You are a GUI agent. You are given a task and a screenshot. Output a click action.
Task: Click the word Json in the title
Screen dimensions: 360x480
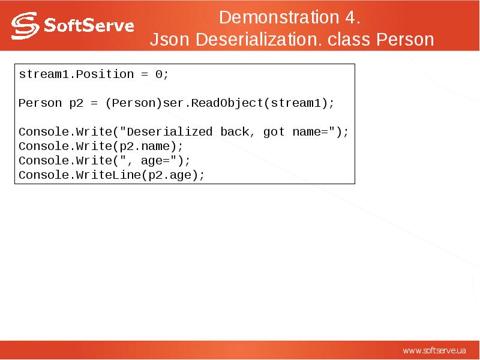click(166, 40)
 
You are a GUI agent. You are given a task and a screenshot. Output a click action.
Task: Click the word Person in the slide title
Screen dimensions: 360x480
click(405, 40)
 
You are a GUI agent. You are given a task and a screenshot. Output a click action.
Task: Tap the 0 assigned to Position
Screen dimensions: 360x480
click(158, 74)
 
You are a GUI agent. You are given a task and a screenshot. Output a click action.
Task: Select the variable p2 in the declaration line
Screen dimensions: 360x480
click(76, 103)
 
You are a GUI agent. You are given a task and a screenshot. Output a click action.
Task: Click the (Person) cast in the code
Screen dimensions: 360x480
click(133, 103)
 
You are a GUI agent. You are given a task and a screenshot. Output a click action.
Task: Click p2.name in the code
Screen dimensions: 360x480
click(149, 146)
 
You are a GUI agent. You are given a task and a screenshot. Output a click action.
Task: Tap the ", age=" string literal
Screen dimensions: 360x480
click(152, 161)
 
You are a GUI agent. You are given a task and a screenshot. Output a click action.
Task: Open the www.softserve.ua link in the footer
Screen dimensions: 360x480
click(434, 350)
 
